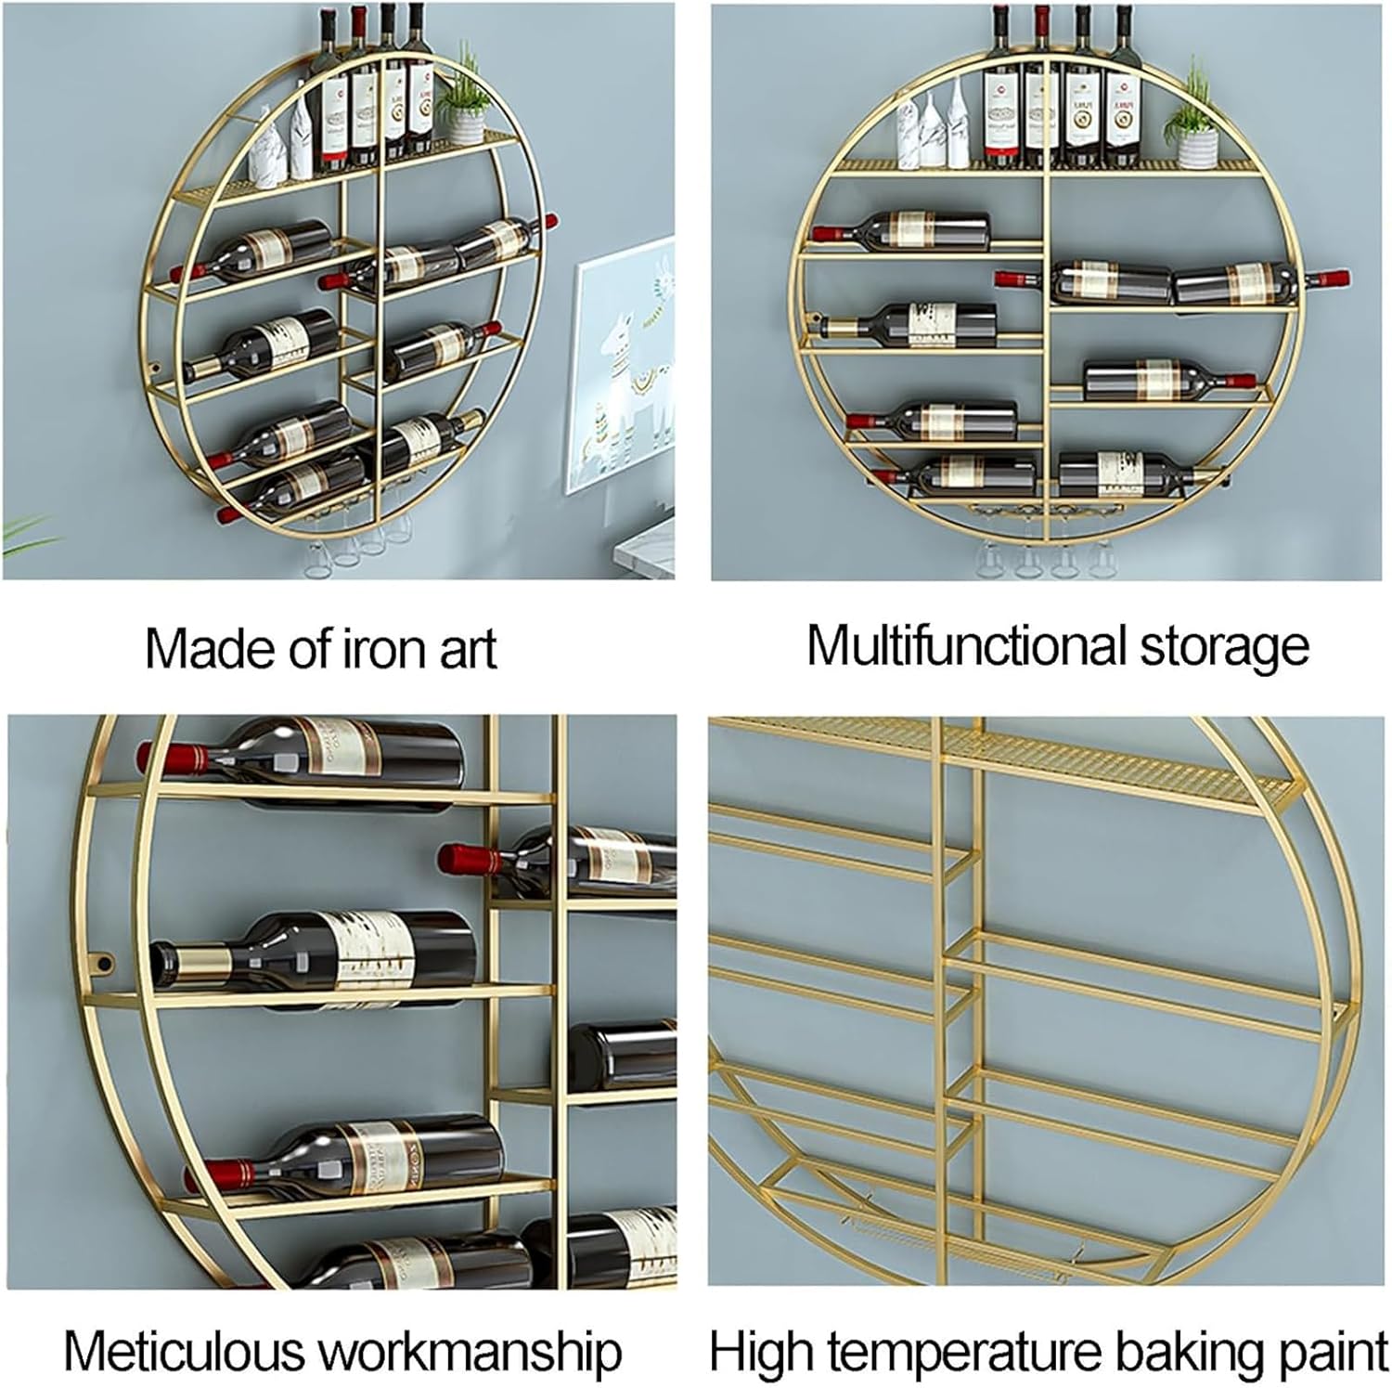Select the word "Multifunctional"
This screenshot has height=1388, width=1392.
pos(965,645)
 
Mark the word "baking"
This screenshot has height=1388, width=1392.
pos(1185,1353)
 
